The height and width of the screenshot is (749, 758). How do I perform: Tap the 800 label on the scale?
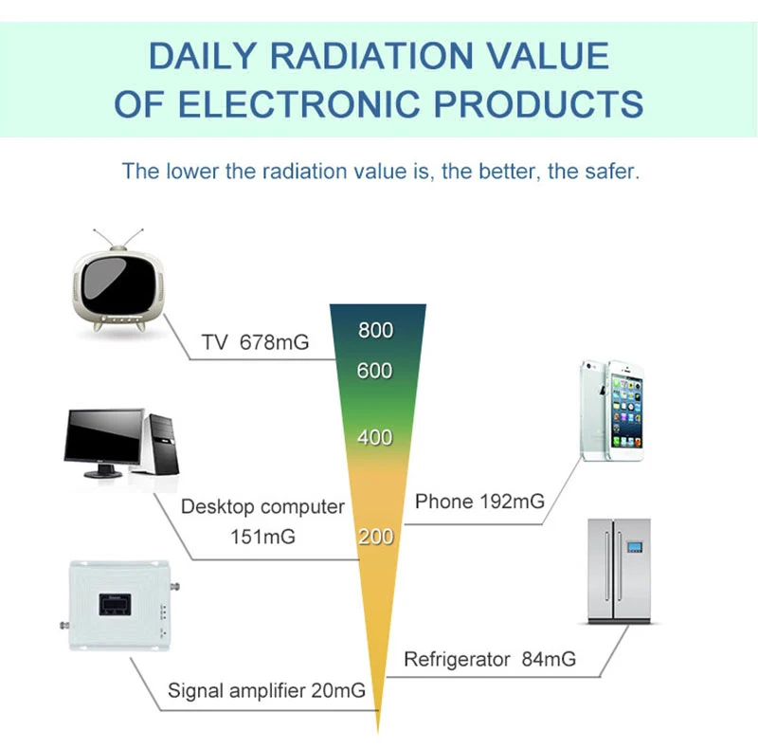point(375,331)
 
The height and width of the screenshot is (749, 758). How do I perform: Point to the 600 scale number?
point(374,371)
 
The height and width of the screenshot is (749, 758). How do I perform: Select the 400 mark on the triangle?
point(374,437)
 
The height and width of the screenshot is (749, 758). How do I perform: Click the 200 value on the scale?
point(375,537)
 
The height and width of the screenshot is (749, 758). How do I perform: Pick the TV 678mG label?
point(255,342)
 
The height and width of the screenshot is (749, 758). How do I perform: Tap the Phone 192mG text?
point(480,502)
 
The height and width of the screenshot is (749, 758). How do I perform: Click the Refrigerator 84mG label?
point(490,659)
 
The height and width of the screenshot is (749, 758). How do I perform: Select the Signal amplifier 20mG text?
point(266,690)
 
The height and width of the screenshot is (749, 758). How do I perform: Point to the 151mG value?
point(262,537)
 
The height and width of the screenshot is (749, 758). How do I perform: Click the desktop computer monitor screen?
point(103,436)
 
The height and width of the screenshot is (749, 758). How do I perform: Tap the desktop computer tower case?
point(162,444)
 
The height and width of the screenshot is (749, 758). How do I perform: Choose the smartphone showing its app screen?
point(625,411)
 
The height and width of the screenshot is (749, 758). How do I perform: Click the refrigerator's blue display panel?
point(634,547)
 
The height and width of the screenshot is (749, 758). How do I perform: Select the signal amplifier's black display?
point(115,604)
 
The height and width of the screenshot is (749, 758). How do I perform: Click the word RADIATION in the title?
point(371,56)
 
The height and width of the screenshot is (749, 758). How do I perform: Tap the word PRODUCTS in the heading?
point(538,103)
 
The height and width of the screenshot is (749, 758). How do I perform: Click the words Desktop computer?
point(262,507)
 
